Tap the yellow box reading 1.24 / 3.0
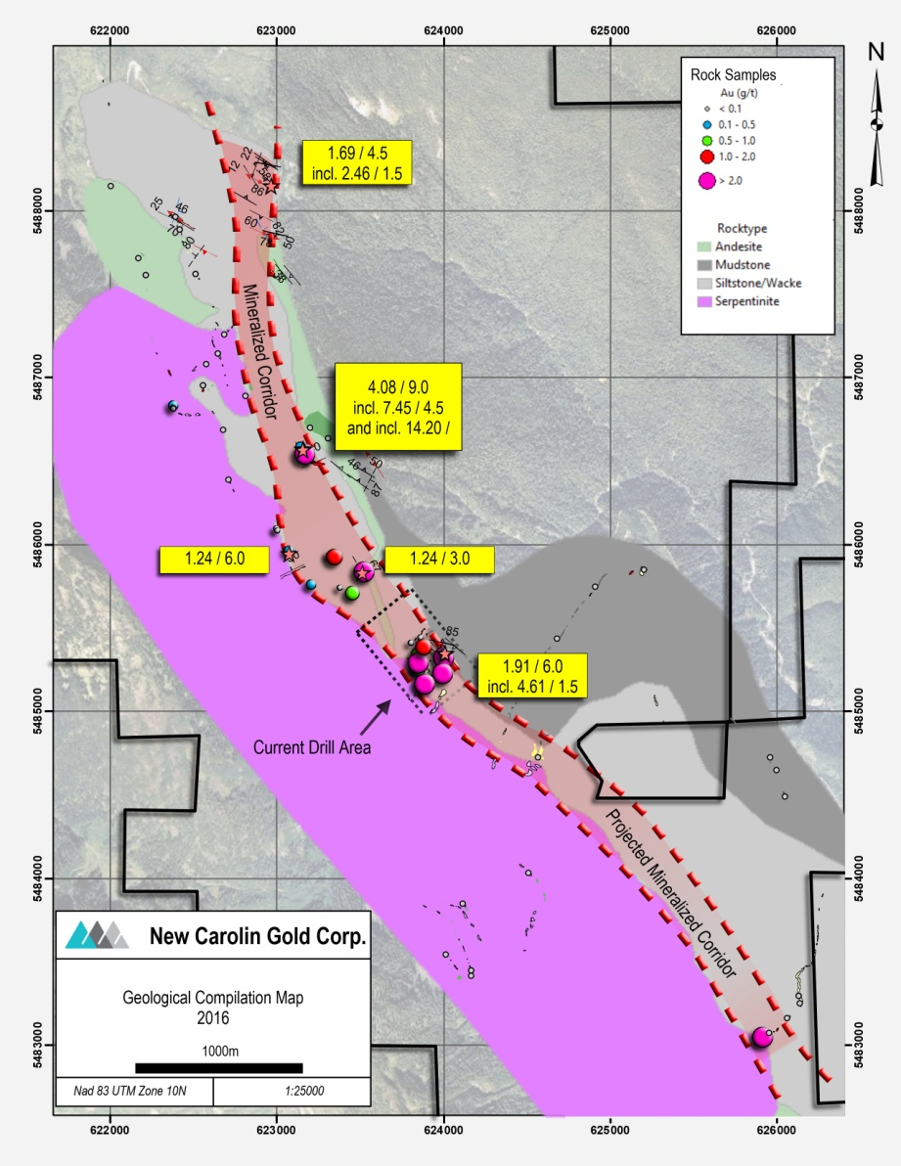pyautogui.click(x=439, y=559)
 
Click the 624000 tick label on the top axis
pyautogui.click(x=443, y=31)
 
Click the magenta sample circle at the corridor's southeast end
pyautogui.click(x=761, y=1038)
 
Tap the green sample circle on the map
pyautogui.click(x=352, y=593)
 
